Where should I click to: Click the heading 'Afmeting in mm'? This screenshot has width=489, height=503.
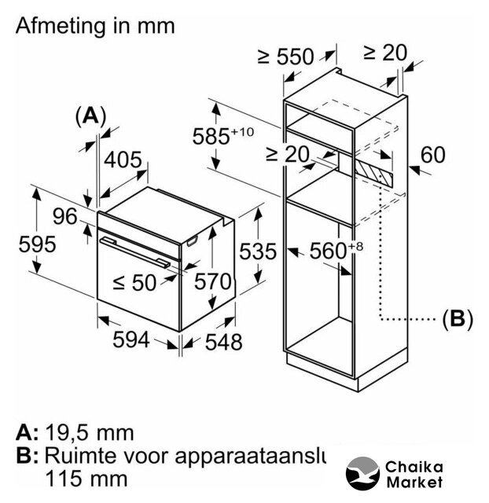point(94,25)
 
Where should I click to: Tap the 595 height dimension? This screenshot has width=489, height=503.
point(38,244)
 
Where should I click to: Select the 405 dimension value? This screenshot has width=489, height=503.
point(124,160)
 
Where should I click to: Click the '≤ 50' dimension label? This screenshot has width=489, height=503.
point(134,282)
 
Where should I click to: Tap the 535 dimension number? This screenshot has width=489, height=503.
point(258,251)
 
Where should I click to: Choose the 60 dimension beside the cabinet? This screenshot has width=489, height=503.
point(432,155)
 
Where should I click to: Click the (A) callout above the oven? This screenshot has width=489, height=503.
point(90,116)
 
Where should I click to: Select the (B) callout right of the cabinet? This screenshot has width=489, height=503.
point(457,318)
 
